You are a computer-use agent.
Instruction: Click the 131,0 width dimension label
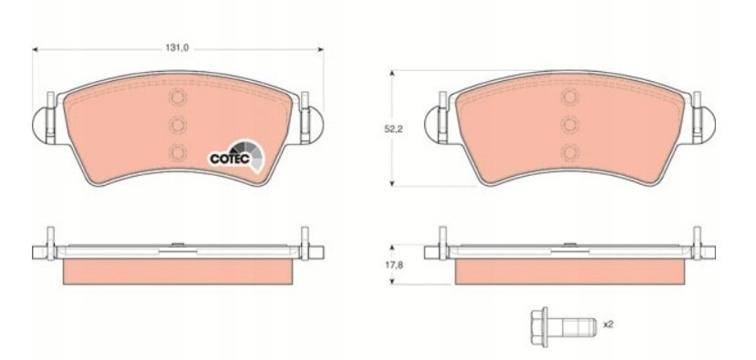[177, 47]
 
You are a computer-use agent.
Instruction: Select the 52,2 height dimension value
[392, 129]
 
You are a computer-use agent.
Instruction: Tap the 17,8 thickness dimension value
[392, 264]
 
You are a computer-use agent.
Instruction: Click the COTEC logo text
[230, 158]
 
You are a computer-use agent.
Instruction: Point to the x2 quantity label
[608, 324]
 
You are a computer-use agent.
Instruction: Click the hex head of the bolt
[539, 327]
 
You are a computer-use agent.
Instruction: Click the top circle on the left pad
[178, 98]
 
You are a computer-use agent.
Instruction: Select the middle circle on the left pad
[178, 125]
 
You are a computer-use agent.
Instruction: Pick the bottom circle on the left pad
[178, 152]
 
